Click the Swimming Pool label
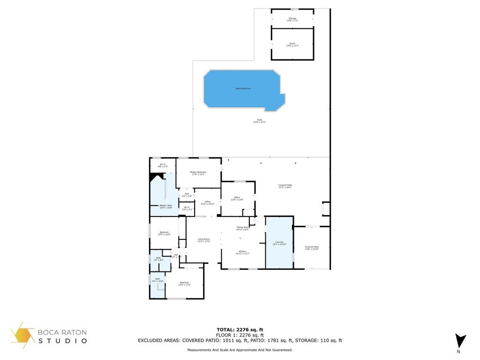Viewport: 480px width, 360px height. point(242,88)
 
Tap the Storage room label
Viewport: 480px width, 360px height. point(292,19)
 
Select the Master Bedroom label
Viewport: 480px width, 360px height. point(198,173)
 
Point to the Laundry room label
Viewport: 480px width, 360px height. point(279,243)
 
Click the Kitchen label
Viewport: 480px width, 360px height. point(242,252)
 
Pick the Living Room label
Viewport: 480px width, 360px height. point(204,240)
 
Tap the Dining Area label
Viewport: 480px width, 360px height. point(242,228)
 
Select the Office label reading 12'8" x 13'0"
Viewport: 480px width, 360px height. point(237,199)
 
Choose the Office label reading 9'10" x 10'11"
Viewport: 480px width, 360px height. point(207,202)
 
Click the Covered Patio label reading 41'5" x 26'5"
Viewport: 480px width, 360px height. point(285,186)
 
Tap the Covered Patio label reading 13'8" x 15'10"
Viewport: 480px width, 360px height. point(311,247)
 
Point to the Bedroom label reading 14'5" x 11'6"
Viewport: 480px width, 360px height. point(184,283)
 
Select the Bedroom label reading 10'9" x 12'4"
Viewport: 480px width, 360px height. point(164,233)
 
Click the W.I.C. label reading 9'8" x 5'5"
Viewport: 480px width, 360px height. point(162,165)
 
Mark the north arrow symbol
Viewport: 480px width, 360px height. point(460,341)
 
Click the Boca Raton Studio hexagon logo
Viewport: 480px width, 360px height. point(23,335)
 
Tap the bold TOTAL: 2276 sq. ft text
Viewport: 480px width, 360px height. point(240,330)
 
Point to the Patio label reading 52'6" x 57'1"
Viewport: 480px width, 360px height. point(259,121)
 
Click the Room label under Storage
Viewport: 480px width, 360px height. point(292,45)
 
